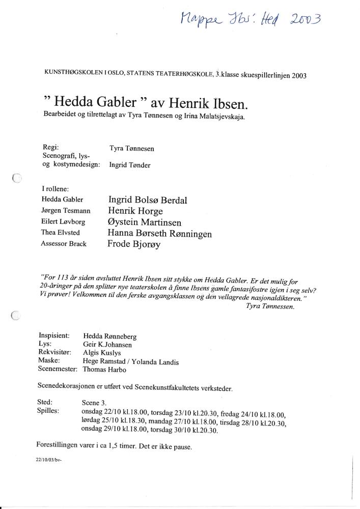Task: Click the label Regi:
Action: tap(51, 147)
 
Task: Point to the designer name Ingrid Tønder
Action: tap(130, 165)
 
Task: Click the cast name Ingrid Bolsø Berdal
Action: tap(147, 200)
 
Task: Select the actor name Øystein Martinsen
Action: tap(144, 222)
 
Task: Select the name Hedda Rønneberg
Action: tap(109, 336)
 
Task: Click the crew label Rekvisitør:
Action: tap(57, 352)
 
